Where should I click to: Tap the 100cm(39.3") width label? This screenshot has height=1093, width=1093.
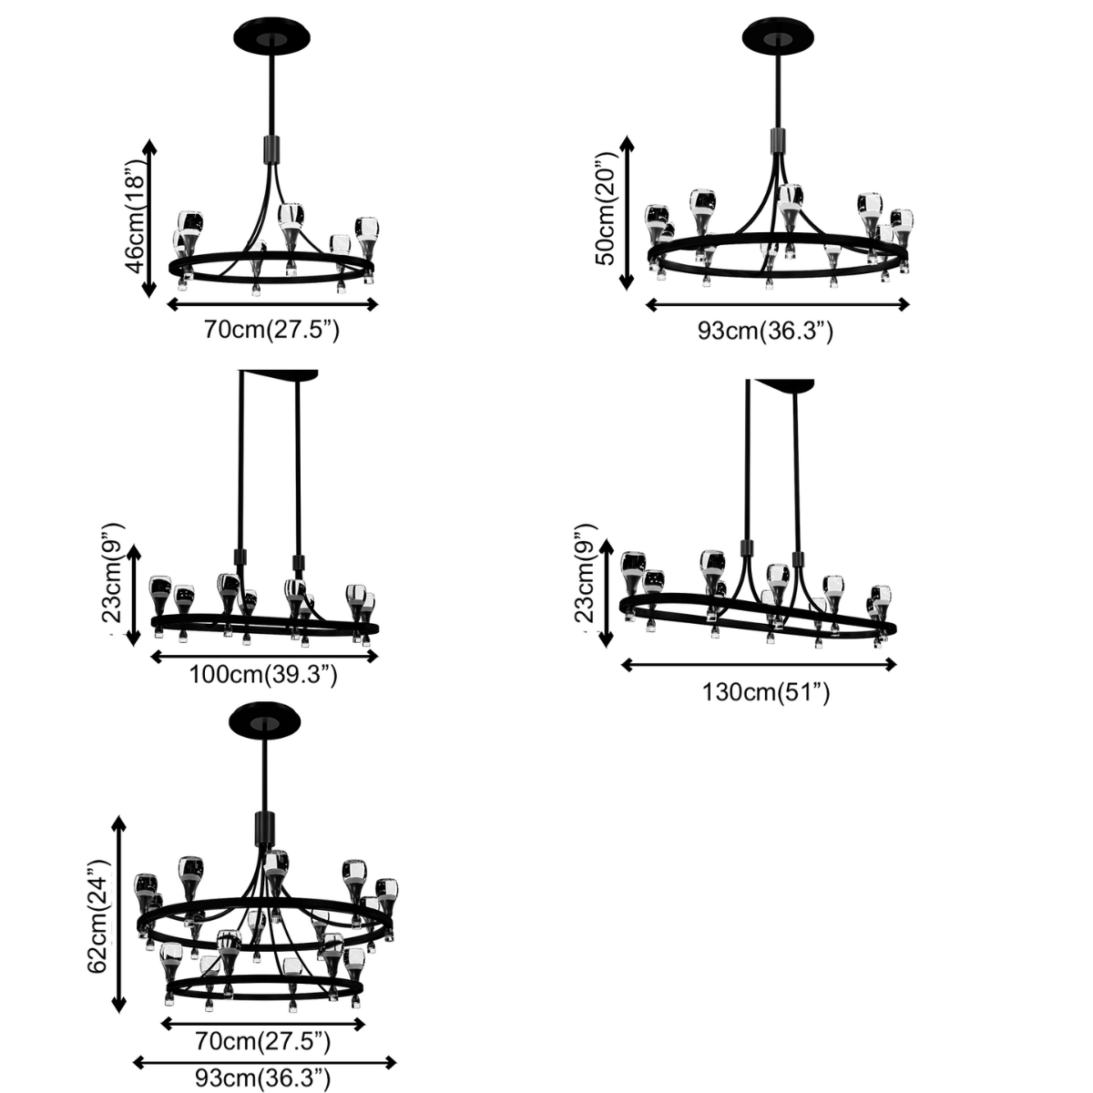[264, 675]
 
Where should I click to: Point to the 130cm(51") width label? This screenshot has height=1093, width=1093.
[766, 692]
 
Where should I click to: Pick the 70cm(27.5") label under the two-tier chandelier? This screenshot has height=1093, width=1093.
[263, 1040]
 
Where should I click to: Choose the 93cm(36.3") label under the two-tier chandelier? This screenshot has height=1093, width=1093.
[263, 1079]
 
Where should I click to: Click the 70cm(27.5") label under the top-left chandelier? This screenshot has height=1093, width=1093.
[271, 330]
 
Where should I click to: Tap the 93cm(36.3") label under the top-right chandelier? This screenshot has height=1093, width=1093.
[765, 331]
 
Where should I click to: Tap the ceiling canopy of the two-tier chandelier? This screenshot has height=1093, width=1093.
[265, 722]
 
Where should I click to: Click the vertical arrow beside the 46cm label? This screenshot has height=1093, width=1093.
[150, 220]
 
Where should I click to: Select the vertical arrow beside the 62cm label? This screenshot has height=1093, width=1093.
[117, 914]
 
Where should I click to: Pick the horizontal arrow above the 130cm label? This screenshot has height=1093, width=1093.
[759, 665]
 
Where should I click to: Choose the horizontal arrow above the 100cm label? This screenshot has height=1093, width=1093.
[264, 655]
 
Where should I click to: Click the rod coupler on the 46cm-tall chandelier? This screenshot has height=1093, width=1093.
[271, 149]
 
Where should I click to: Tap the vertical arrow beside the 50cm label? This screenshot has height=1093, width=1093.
[627, 213]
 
